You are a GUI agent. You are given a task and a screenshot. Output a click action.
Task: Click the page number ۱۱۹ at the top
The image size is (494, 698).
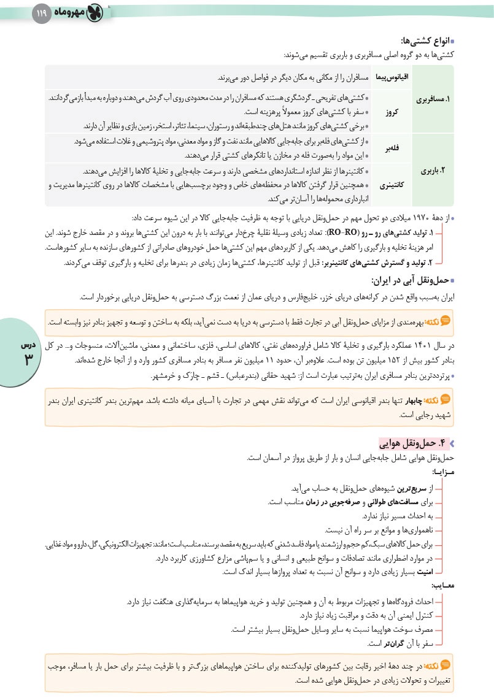41,12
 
